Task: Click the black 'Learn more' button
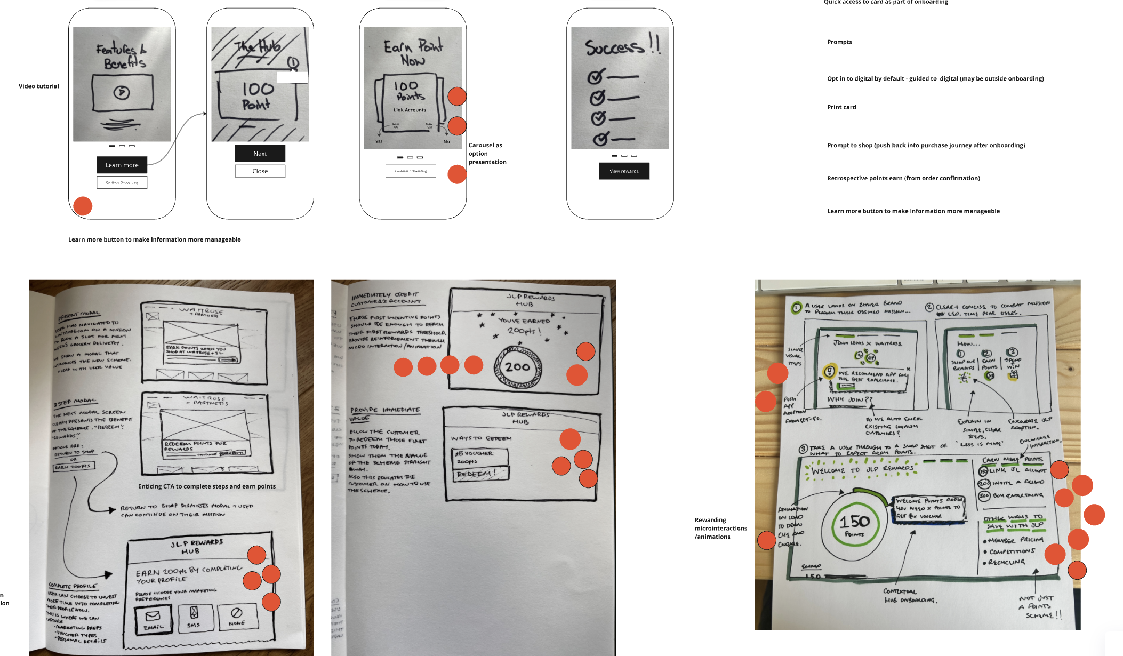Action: (122, 165)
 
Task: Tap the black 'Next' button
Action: (260, 154)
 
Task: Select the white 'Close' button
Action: (260, 171)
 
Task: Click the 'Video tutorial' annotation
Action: (39, 86)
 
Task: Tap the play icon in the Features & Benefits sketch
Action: (122, 92)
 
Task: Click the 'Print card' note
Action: (841, 107)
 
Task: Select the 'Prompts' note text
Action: (839, 42)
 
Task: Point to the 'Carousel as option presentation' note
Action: (487, 154)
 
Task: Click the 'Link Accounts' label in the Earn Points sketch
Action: (410, 110)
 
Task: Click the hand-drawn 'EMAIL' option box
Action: (154, 619)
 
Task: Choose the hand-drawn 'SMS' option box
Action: (194, 617)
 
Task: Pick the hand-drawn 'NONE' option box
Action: (237, 616)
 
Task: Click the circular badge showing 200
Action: (518, 367)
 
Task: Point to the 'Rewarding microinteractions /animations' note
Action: (720, 528)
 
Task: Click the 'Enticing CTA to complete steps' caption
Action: (207, 486)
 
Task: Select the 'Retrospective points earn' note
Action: (903, 178)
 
